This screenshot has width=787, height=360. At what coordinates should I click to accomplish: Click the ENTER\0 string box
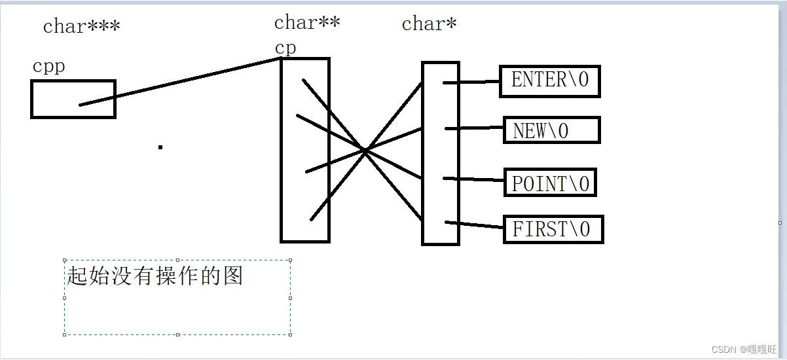(x=549, y=81)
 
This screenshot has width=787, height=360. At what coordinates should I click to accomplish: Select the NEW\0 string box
(x=551, y=130)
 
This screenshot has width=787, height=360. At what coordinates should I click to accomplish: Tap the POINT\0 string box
(x=550, y=183)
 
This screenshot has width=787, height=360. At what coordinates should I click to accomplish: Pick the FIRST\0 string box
(x=553, y=229)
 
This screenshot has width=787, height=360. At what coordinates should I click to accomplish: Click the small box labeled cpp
(x=73, y=99)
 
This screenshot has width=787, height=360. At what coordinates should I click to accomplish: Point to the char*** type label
(x=81, y=27)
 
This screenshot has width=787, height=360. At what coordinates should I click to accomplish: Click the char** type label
(x=306, y=23)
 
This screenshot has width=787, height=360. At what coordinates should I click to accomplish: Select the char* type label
(x=429, y=24)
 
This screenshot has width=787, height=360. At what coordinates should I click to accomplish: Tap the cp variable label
(x=285, y=48)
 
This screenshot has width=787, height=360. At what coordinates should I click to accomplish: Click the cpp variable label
(x=48, y=67)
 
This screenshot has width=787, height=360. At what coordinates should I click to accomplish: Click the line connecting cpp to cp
(x=180, y=81)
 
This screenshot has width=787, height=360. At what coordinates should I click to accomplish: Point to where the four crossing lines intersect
(x=364, y=151)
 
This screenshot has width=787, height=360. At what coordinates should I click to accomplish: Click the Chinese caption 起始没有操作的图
(x=155, y=276)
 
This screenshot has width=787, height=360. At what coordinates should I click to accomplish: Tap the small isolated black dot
(x=160, y=147)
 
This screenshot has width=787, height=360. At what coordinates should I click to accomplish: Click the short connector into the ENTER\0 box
(x=472, y=82)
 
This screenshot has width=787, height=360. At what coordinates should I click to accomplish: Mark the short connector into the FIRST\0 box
(x=475, y=225)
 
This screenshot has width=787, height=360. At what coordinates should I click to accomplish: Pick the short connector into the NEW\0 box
(x=475, y=128)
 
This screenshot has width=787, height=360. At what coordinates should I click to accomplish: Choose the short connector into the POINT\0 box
(x=475, y=179)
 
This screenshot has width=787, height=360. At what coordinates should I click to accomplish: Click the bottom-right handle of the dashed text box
(x=290, y=334)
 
